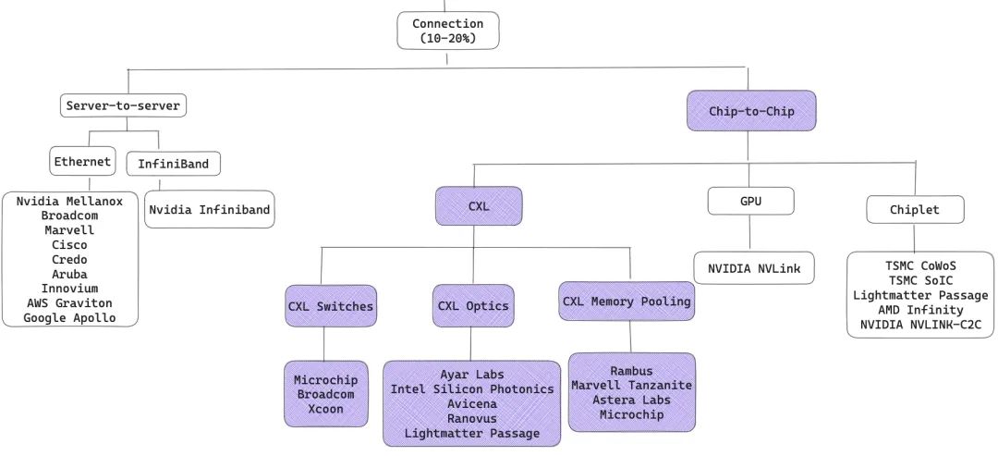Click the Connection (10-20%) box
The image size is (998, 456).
point(447,30)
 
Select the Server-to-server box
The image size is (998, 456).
point(124,106)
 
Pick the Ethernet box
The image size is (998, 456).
point(81,162)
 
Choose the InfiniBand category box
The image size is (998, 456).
point(173,165)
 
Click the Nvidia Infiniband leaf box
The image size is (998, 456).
point(210,210)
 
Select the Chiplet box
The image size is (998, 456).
point(914,210)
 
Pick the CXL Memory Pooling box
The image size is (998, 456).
point(627,301)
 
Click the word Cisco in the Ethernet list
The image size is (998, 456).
point(70,245)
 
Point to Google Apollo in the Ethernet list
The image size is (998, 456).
point(70,318)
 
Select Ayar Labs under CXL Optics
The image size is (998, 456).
point(471,375)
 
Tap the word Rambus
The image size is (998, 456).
point(631,371)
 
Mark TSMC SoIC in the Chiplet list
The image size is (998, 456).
point(921,281)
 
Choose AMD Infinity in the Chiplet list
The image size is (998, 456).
point(921,310)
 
